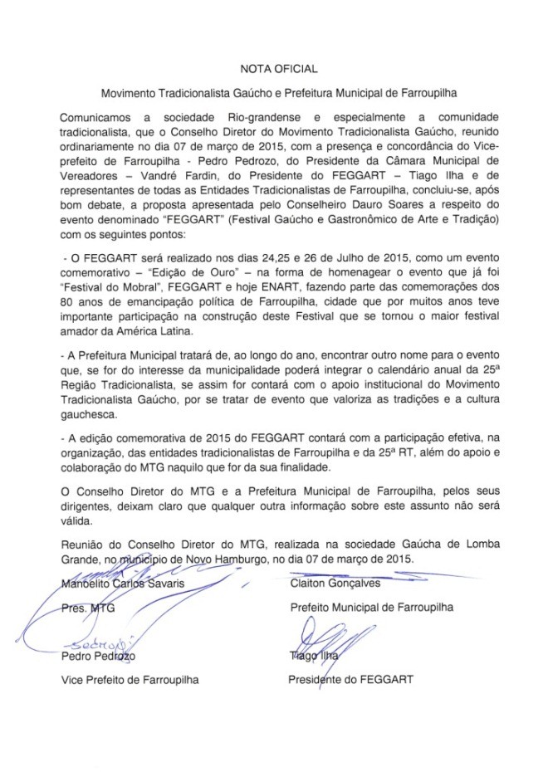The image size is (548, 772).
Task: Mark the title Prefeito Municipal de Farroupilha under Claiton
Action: (371, 608)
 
